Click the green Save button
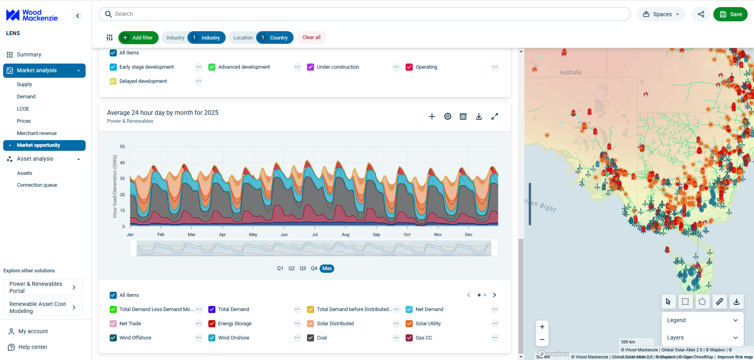click(730, 14)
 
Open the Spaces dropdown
click(661, 14)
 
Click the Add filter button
click(138, 37)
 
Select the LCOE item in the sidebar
click(23, 109)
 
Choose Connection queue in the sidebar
click(37, 185)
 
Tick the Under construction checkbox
click(311, 67)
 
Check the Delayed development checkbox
click(113, 81)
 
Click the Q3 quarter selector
click(303, 268)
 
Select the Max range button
click(327, 268)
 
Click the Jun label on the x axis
click(284, 234)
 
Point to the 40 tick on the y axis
click(122, 163)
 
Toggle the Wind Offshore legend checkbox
click(113, 338)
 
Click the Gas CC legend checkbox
click(409, 338)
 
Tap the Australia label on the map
click(570, 72)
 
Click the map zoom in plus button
click(542, 327)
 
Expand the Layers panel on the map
click(702, 337)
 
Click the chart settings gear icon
click(447, 116)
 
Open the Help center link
click(33, 347)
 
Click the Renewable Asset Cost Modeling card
click(43, 307)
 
